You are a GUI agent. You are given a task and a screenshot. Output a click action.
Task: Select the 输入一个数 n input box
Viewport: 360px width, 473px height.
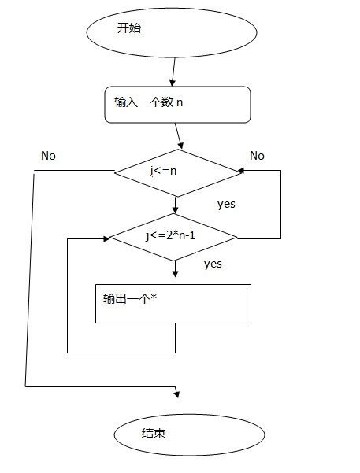click(x=177, y=105)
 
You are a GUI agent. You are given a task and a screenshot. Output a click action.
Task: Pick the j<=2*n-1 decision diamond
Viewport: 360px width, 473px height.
click(x=173, y=236)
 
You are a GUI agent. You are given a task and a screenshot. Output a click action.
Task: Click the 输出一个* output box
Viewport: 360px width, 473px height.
click(x=173, y=303)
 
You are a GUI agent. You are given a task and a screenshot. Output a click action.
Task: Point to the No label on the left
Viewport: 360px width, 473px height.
click(x=48, y=155)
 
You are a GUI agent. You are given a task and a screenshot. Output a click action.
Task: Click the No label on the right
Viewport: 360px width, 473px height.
click(x=257, y=156)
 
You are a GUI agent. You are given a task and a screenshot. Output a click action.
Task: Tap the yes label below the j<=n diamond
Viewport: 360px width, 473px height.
click(x=227, y=204)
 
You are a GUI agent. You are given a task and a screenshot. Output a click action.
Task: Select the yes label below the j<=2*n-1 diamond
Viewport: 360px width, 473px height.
click(x=213, y=264)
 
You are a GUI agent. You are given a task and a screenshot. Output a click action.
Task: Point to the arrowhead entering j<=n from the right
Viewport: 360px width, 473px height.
click(x=241, y=171)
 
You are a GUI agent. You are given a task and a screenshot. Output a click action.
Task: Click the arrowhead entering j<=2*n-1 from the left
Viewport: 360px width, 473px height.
click(x=105, y=237)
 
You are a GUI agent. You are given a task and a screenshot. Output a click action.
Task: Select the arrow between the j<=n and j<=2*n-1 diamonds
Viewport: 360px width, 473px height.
click(x=175, y=205)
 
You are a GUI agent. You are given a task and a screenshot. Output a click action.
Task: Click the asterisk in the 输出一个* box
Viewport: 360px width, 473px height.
click(x=153, y=298)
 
